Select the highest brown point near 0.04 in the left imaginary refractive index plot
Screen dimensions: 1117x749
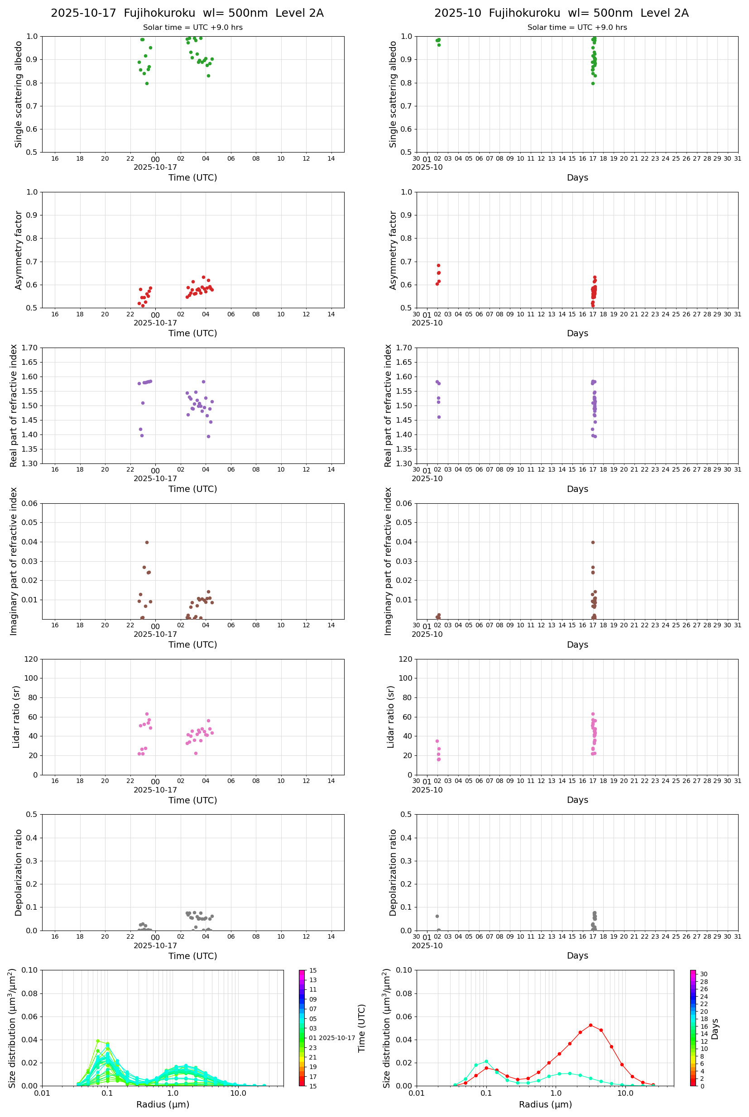[147, 542]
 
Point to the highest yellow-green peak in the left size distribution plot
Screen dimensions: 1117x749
[98, 1041]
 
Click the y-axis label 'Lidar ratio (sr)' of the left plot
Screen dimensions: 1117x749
[16, 716]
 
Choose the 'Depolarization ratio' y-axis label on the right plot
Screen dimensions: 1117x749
[393, 872]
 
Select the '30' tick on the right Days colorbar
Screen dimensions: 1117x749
[704, 974]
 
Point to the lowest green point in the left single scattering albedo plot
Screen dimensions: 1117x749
[147, 84]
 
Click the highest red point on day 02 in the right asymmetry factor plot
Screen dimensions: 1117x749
[438, 265]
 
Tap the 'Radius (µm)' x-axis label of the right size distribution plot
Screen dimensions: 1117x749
[545, 1104]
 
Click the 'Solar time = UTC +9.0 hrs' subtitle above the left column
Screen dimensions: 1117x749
[192, 28]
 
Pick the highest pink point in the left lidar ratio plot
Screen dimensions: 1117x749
[147, 714]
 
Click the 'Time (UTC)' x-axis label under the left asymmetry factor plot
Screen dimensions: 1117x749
[192, 333]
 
